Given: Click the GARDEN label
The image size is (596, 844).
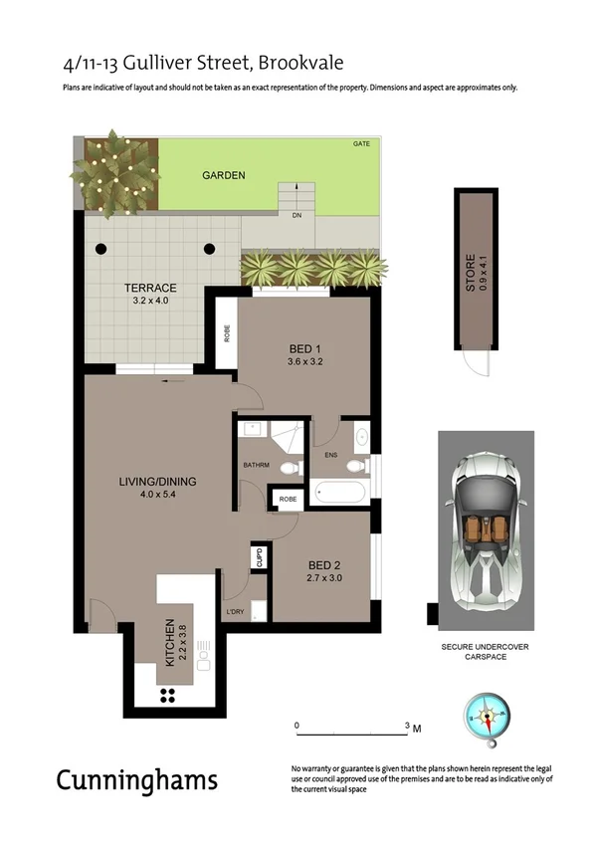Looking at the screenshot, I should coord(223,176).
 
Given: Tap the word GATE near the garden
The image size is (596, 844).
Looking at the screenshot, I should coord(360,144).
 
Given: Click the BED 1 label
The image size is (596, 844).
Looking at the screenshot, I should coord(305,348).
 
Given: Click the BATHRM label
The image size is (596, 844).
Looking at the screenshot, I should coord(257,465).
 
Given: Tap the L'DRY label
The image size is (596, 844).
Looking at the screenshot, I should coord(236,610).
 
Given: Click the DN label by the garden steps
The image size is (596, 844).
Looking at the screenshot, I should coord(297,215).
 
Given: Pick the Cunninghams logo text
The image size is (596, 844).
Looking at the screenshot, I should coord(136,779).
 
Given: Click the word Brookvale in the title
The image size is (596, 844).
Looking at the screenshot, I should coord(299,63).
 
